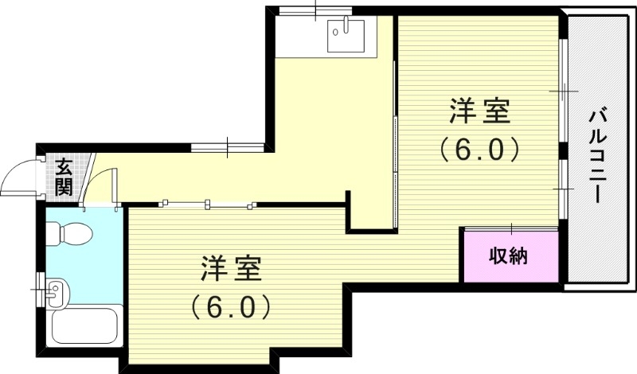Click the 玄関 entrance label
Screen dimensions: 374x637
pyautogui.click(x=64, y=177)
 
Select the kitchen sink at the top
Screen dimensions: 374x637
pyautogui.click(x=346, y=33)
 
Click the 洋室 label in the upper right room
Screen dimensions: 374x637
pyautogui.click(x=479, y=112)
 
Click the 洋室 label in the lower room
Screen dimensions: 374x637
pyautogui.click(x=232, y=269)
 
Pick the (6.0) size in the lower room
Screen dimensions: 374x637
pyautogui.click(x=232, y=306)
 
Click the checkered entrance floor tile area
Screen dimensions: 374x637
pyautogui.click(x=64, y=177)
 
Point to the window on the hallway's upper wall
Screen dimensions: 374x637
pyautogui.click(x=227, y=146)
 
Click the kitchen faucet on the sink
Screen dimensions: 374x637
pyautogui.click(x=345, y=27)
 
